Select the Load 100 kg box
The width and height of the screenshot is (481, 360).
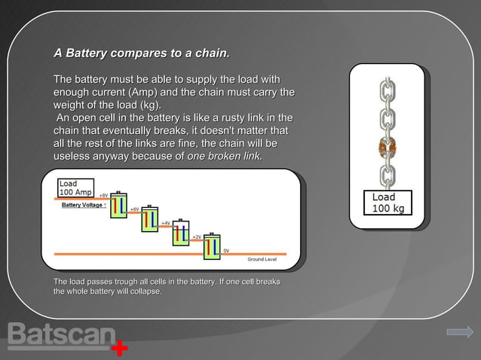coord(388,202)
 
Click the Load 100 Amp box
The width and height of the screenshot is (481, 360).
coord(75,188)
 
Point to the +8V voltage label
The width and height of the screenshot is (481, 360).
coord(103,194)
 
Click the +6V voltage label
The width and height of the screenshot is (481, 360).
coord(133,209)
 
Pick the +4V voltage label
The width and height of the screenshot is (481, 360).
coord(164,223)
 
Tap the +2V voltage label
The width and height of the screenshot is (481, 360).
coord(196,237)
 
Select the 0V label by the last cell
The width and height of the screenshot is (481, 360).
coord(225,250)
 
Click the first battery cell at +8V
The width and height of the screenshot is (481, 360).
coord(118,206)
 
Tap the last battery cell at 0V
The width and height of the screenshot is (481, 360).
coord(212,247)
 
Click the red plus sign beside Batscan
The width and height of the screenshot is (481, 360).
coord(119,349)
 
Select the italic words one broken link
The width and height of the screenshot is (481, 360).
coord(225,156)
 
